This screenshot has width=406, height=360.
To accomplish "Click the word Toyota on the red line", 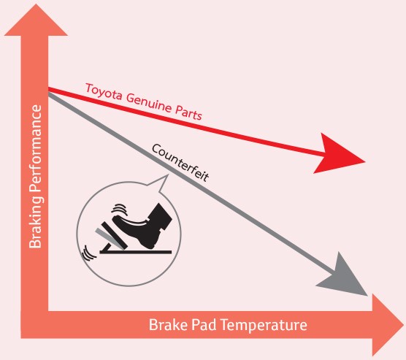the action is point(104,92).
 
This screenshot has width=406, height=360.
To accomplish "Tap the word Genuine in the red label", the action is point(149,103).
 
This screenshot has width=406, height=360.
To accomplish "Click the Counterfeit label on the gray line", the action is point(180,163).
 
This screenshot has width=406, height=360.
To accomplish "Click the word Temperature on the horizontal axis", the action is point(264,325).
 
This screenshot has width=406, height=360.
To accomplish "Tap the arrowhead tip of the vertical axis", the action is point(36,4).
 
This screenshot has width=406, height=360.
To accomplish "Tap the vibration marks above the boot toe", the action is point(120,209).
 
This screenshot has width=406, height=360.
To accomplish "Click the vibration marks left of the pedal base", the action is point(88,253).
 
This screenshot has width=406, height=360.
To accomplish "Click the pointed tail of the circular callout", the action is point(168,175).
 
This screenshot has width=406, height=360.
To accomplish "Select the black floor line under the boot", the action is point(135,252).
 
